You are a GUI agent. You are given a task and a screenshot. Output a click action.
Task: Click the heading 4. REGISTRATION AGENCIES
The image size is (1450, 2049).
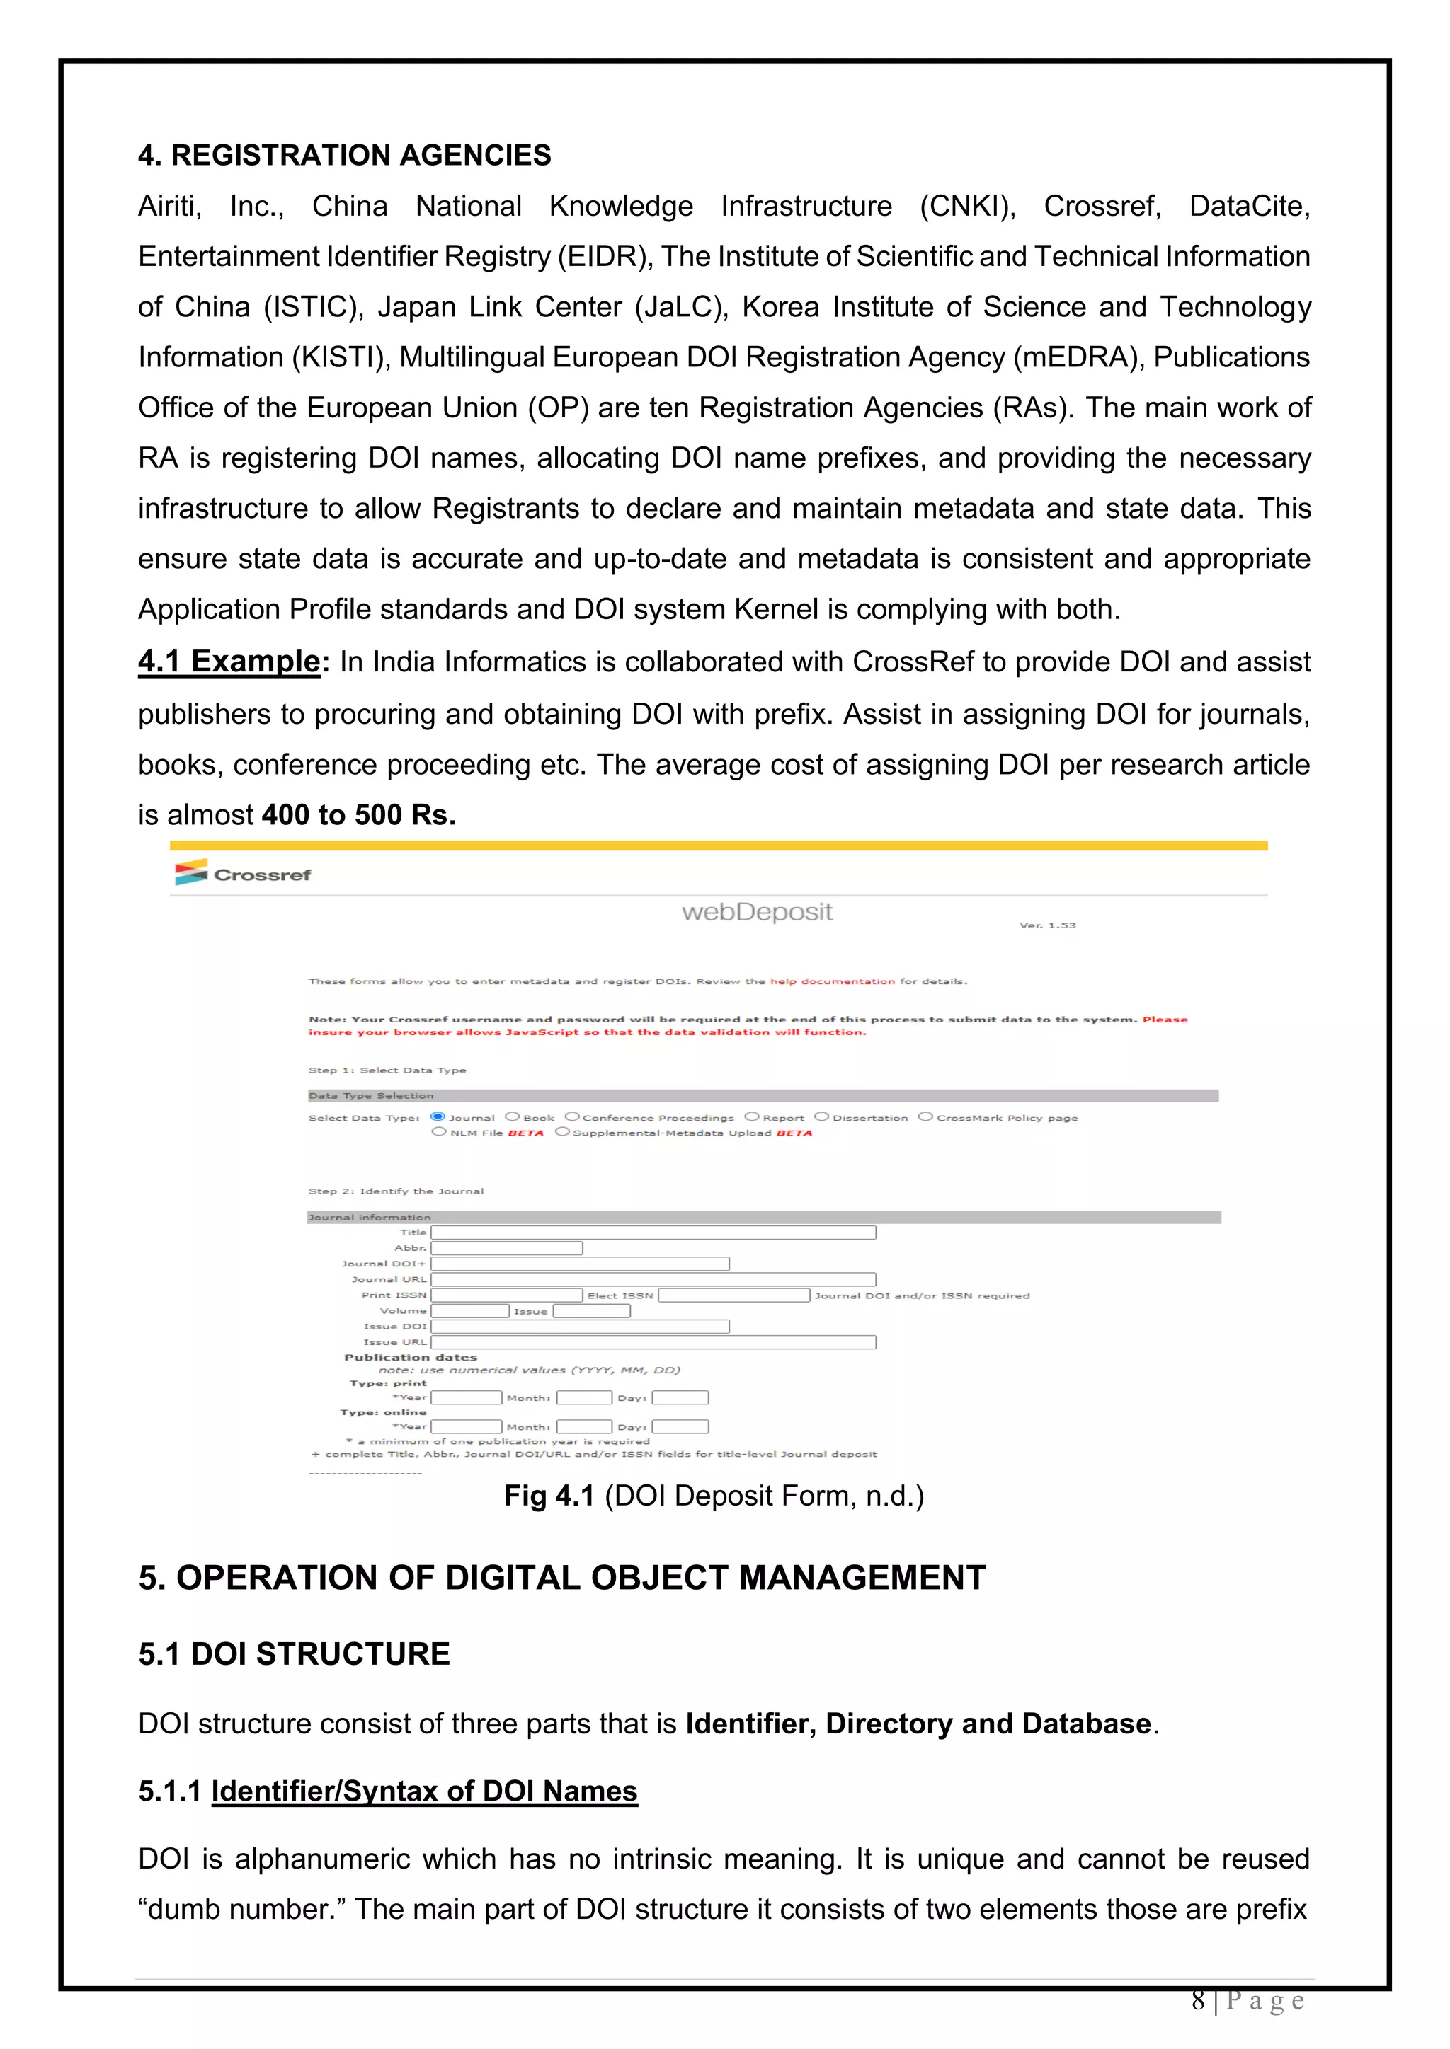(344, 155)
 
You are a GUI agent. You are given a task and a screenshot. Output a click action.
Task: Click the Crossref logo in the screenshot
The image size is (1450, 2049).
(243, 874)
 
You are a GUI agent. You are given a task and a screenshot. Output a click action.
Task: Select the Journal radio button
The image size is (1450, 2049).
(438, 1116)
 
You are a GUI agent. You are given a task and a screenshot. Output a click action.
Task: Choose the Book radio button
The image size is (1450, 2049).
(513, 1116)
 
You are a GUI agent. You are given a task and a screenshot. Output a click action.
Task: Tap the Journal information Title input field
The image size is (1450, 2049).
(653, 1233)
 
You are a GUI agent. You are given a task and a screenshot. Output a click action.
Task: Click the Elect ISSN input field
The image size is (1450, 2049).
(734, 1295)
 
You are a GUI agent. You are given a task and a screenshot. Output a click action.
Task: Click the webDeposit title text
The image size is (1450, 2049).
(756, 912)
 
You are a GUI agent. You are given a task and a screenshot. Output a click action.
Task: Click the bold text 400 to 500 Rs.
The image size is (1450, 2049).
(359, 815)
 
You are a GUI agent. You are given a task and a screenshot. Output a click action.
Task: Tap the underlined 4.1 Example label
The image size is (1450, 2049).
(229, 662)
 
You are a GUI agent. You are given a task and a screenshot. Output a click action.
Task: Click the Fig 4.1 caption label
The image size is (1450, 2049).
(549, 1496)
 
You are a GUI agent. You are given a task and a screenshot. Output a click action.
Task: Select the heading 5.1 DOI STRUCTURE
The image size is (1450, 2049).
(294, 1654)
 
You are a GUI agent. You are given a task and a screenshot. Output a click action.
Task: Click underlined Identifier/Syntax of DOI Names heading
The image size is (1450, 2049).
(424, 1791)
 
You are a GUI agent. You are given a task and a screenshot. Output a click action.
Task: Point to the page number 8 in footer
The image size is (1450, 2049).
(1198, 2000)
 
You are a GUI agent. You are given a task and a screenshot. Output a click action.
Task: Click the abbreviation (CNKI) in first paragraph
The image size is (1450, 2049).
(968, 206)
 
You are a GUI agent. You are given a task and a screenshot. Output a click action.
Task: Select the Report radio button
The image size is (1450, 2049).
(752, 1116)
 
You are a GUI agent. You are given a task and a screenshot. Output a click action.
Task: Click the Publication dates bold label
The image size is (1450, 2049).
(411, 1357)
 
